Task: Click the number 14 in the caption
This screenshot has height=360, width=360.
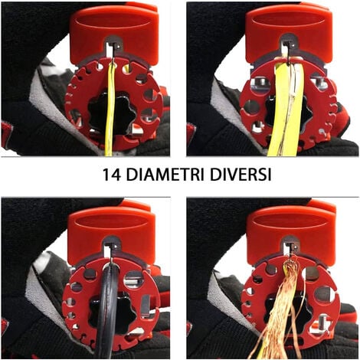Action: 112,175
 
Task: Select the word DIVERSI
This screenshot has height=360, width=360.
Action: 241,175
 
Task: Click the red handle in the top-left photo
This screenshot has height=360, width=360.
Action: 113,33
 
